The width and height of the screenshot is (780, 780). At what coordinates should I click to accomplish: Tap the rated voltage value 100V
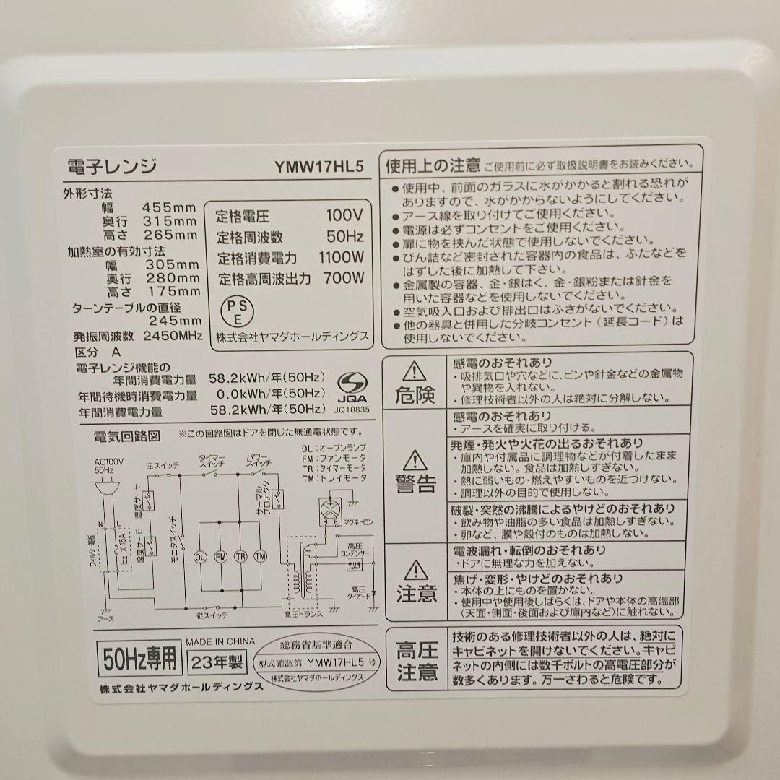pos(344,215)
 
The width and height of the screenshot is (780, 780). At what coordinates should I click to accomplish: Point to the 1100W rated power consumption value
pos(341,257)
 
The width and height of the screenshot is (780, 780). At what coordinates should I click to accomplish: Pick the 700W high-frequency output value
pos(344,278)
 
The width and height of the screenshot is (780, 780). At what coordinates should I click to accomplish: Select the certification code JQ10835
pos(352,409)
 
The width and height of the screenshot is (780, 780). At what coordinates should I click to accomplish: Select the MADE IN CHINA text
pos(220,641)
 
